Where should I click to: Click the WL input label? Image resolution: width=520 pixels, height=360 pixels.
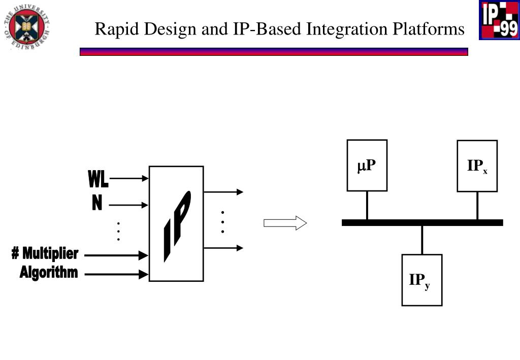(x=97, y=179)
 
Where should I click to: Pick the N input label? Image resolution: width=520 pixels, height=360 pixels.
(x=97, y=204)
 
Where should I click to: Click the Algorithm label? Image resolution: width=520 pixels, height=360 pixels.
(x=49, y=273)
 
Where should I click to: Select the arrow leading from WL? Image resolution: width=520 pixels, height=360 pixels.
(x=129, y=179)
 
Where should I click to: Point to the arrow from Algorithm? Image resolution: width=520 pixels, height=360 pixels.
(x=116, y=275)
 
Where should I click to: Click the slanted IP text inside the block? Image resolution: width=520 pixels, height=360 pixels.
(x=177, y=226)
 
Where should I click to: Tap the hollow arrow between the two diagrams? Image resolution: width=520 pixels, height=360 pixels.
(x=285, y=223)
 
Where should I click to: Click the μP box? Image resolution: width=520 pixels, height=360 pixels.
(x=367, y=166)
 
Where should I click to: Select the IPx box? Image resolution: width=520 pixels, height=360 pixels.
(x=477, y=166)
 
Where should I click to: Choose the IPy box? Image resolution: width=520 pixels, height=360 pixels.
(x=421, y=280)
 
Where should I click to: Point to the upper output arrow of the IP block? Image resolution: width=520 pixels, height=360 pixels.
(x=223, y=192)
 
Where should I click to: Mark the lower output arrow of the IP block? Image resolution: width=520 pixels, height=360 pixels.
(x=223, y=248)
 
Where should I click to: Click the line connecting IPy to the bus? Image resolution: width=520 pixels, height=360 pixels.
(x=422, y=240)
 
